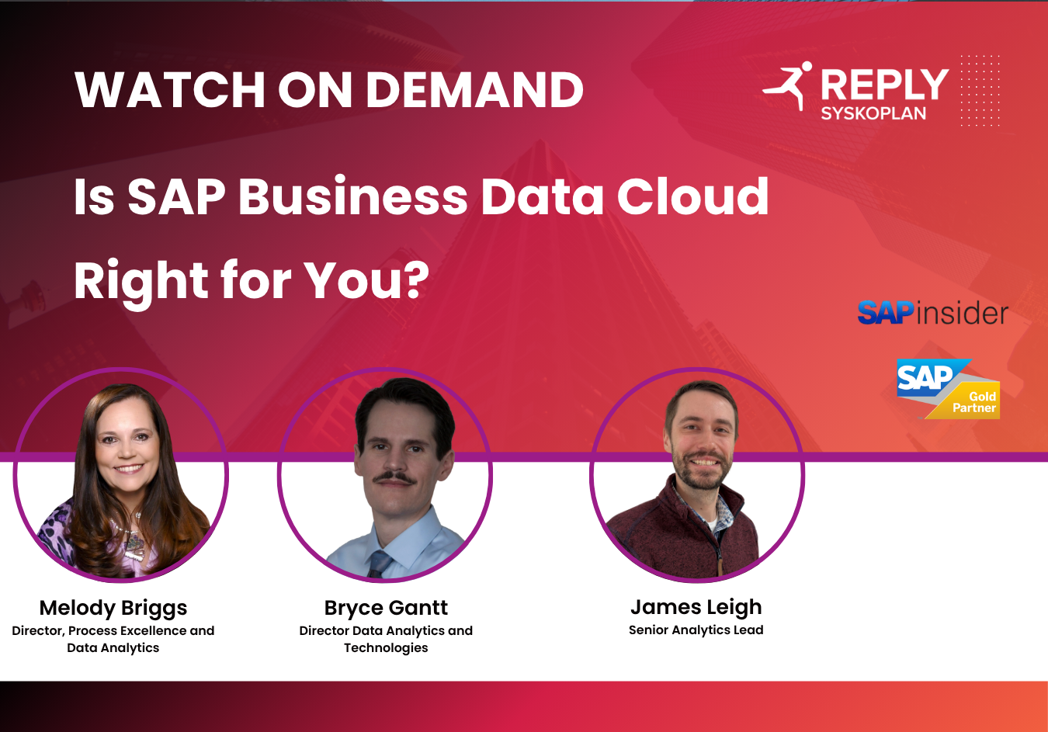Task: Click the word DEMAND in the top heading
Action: coord(474,90)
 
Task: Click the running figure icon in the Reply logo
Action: coord(787,85)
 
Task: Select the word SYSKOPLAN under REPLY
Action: coord(873,113)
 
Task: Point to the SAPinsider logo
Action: coord(932,313)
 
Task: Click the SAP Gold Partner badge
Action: coord(949,389)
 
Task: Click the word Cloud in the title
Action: coord(693,196)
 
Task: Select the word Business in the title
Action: coord(352,196)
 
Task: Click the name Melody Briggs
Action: coord(113,609)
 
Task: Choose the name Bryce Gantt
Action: coord(386,609)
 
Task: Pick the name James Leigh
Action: coord(696,608)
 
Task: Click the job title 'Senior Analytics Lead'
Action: coord(696,630)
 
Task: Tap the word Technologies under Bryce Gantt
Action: coord(386,648)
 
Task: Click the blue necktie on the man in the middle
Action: coord(380,564)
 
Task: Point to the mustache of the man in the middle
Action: coord(394,477)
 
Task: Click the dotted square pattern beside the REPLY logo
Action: coord(980,90)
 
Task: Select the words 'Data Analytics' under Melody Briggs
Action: coord(113,648)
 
